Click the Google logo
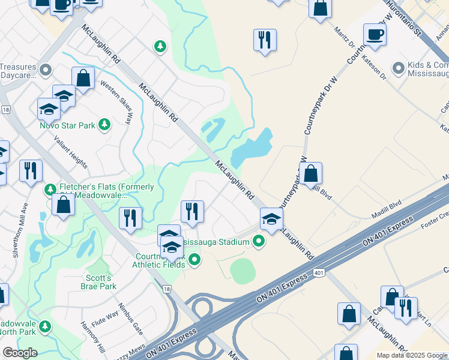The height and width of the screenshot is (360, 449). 20,353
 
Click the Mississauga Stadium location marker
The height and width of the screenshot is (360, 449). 259,242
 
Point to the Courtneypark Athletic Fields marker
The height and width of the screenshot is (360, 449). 194,259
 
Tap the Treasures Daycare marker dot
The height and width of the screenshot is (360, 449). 45,71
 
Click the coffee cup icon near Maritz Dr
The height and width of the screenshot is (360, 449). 375,35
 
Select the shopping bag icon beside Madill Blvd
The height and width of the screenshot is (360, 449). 310,174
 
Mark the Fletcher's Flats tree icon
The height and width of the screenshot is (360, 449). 51,190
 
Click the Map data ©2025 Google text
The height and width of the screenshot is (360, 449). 412,355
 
